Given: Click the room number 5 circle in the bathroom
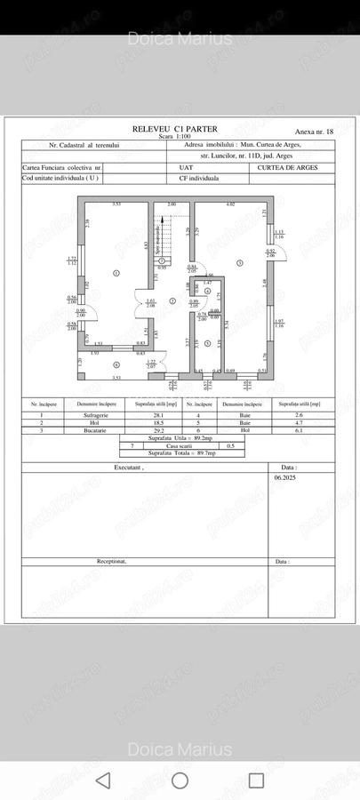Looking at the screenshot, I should pyautogui.click(x=206, y=343).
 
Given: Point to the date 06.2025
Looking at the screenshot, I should pyautogui.click(x=285, y=476).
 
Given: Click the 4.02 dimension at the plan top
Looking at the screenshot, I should pyautogui.click(x=229, y=205).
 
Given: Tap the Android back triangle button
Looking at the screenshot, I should pyautogui.click(x=103, y=780).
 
